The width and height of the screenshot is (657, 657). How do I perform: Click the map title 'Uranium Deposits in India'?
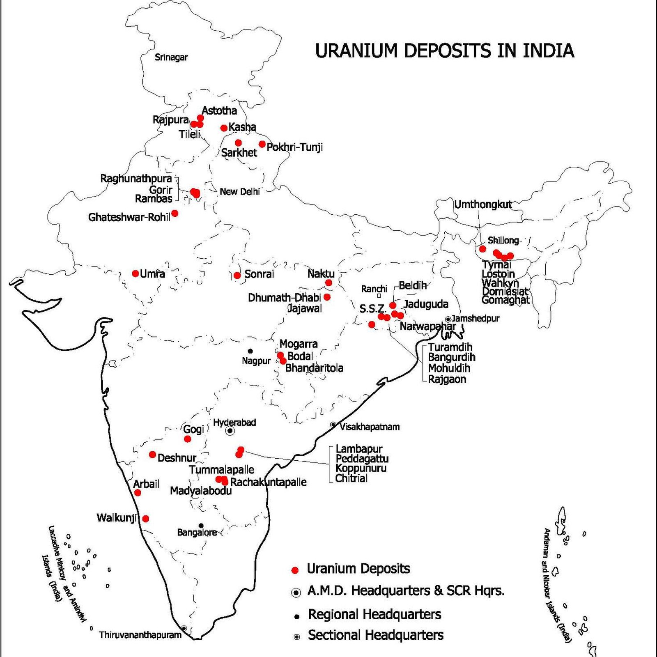[x=444, y=51]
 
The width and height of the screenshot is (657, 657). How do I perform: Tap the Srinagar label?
[x=171, y=57]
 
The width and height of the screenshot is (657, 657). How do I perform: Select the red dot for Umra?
[x=136, y=273]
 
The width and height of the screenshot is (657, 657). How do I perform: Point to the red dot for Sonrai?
[x=237, y=275]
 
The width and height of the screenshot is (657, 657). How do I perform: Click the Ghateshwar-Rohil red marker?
[x=175, y=213]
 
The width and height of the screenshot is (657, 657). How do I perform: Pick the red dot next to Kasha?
[x=224, y=128]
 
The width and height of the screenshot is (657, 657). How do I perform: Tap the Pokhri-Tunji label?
[x=294, y=147]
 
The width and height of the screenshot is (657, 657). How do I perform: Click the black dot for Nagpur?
[x=250, y=351]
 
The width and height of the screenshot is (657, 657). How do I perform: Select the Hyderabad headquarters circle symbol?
[x=230, y=431]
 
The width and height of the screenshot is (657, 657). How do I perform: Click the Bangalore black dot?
[x=201, y=526]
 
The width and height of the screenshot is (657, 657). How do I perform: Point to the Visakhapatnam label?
[x=370, y=427]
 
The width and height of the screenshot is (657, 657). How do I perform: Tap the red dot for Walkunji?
[x=145, y=519]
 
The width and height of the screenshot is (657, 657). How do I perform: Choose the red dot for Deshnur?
[x=152, y=455]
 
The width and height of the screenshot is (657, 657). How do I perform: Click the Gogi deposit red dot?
[x=188, y=439]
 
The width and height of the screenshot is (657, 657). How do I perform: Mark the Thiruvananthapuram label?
[x=140, y=635]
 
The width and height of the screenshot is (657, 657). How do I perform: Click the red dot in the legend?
[x=294, y=570]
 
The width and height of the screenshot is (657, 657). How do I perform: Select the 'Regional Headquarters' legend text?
[x=374, y=614]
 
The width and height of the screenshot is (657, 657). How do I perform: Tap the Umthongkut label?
[x=483, y=204]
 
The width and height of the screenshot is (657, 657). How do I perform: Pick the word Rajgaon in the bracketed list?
[x=447, y=379]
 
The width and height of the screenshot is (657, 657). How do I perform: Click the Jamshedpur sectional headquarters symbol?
[x=448, y=319]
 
